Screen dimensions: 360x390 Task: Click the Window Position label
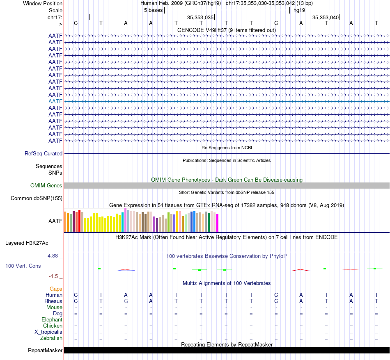[x=43, y=3]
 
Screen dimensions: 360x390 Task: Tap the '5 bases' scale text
[x=153, y=10]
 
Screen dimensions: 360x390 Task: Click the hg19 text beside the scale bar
[x=299, y=10]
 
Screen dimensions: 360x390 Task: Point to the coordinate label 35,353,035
[x=200, y=17]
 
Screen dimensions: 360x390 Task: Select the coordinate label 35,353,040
[x=326, y=17]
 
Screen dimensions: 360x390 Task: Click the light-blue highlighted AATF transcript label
[x=55, y=101]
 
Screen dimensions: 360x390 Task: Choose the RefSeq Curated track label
[x=44, y=153]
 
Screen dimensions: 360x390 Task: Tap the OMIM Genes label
[x=46, y=185]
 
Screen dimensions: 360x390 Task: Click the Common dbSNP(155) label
[x=37, y=198]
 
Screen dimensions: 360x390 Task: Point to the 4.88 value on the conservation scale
[x=54, y=256]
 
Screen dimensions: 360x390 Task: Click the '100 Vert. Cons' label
[x=23, y=266]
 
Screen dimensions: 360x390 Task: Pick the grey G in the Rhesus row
[x=126, y=301]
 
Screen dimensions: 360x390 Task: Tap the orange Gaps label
[x=56, y=289]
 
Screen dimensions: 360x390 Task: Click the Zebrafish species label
[x=51, y=338]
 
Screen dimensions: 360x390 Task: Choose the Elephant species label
[x=52, y=319]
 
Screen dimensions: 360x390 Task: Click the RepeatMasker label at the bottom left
[x=45, y=350]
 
